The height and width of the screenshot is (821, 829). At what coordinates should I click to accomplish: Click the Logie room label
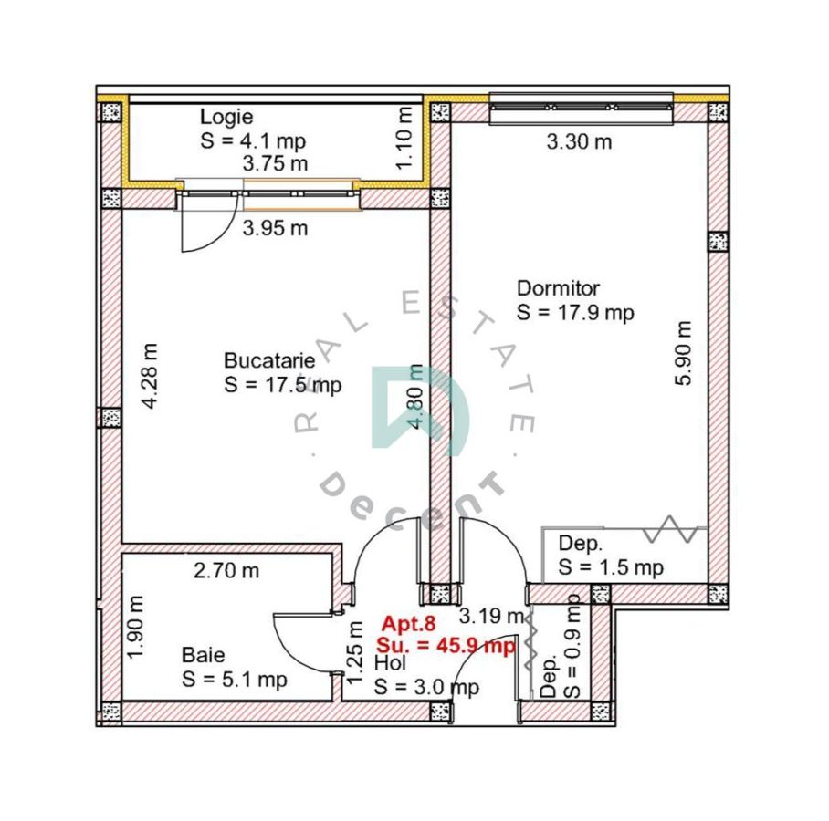(x=226, y=118)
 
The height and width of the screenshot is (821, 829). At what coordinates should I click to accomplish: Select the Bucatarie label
(x=269, y=361)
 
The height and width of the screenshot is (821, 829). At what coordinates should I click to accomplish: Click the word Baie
(x=204, y=655)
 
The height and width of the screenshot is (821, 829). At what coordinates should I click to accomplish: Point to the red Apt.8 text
(x=409, y=624)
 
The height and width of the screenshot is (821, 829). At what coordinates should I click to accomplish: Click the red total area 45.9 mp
(x=475, y=646)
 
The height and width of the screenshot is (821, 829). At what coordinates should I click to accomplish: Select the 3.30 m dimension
(x=579, y=142)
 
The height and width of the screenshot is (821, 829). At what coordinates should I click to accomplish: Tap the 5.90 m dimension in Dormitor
(x=683, y=353)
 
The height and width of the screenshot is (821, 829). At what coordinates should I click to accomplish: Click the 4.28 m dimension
(x=150, y=376)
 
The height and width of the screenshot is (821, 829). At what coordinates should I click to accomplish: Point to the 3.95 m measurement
(x=275, y=229)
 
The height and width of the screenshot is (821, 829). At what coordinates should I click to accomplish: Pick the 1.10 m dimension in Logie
(x=404, y=139)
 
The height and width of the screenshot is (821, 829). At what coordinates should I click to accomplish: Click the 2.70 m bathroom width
(x=226, y=571)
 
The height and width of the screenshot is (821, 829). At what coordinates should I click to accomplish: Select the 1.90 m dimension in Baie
(x=135, y=628)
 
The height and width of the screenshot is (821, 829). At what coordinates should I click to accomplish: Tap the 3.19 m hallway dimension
(x=491, y=616)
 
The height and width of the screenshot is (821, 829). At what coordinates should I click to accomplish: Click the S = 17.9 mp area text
(x=575, y=313)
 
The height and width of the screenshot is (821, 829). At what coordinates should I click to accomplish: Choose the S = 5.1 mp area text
(x=235, y=680)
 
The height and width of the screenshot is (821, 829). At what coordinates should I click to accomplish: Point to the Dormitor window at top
(x=582, y=109)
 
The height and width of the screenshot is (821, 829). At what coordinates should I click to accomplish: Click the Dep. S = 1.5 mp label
(x=611, y=556)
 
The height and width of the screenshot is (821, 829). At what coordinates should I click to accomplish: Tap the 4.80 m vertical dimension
(x=415, y=398)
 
